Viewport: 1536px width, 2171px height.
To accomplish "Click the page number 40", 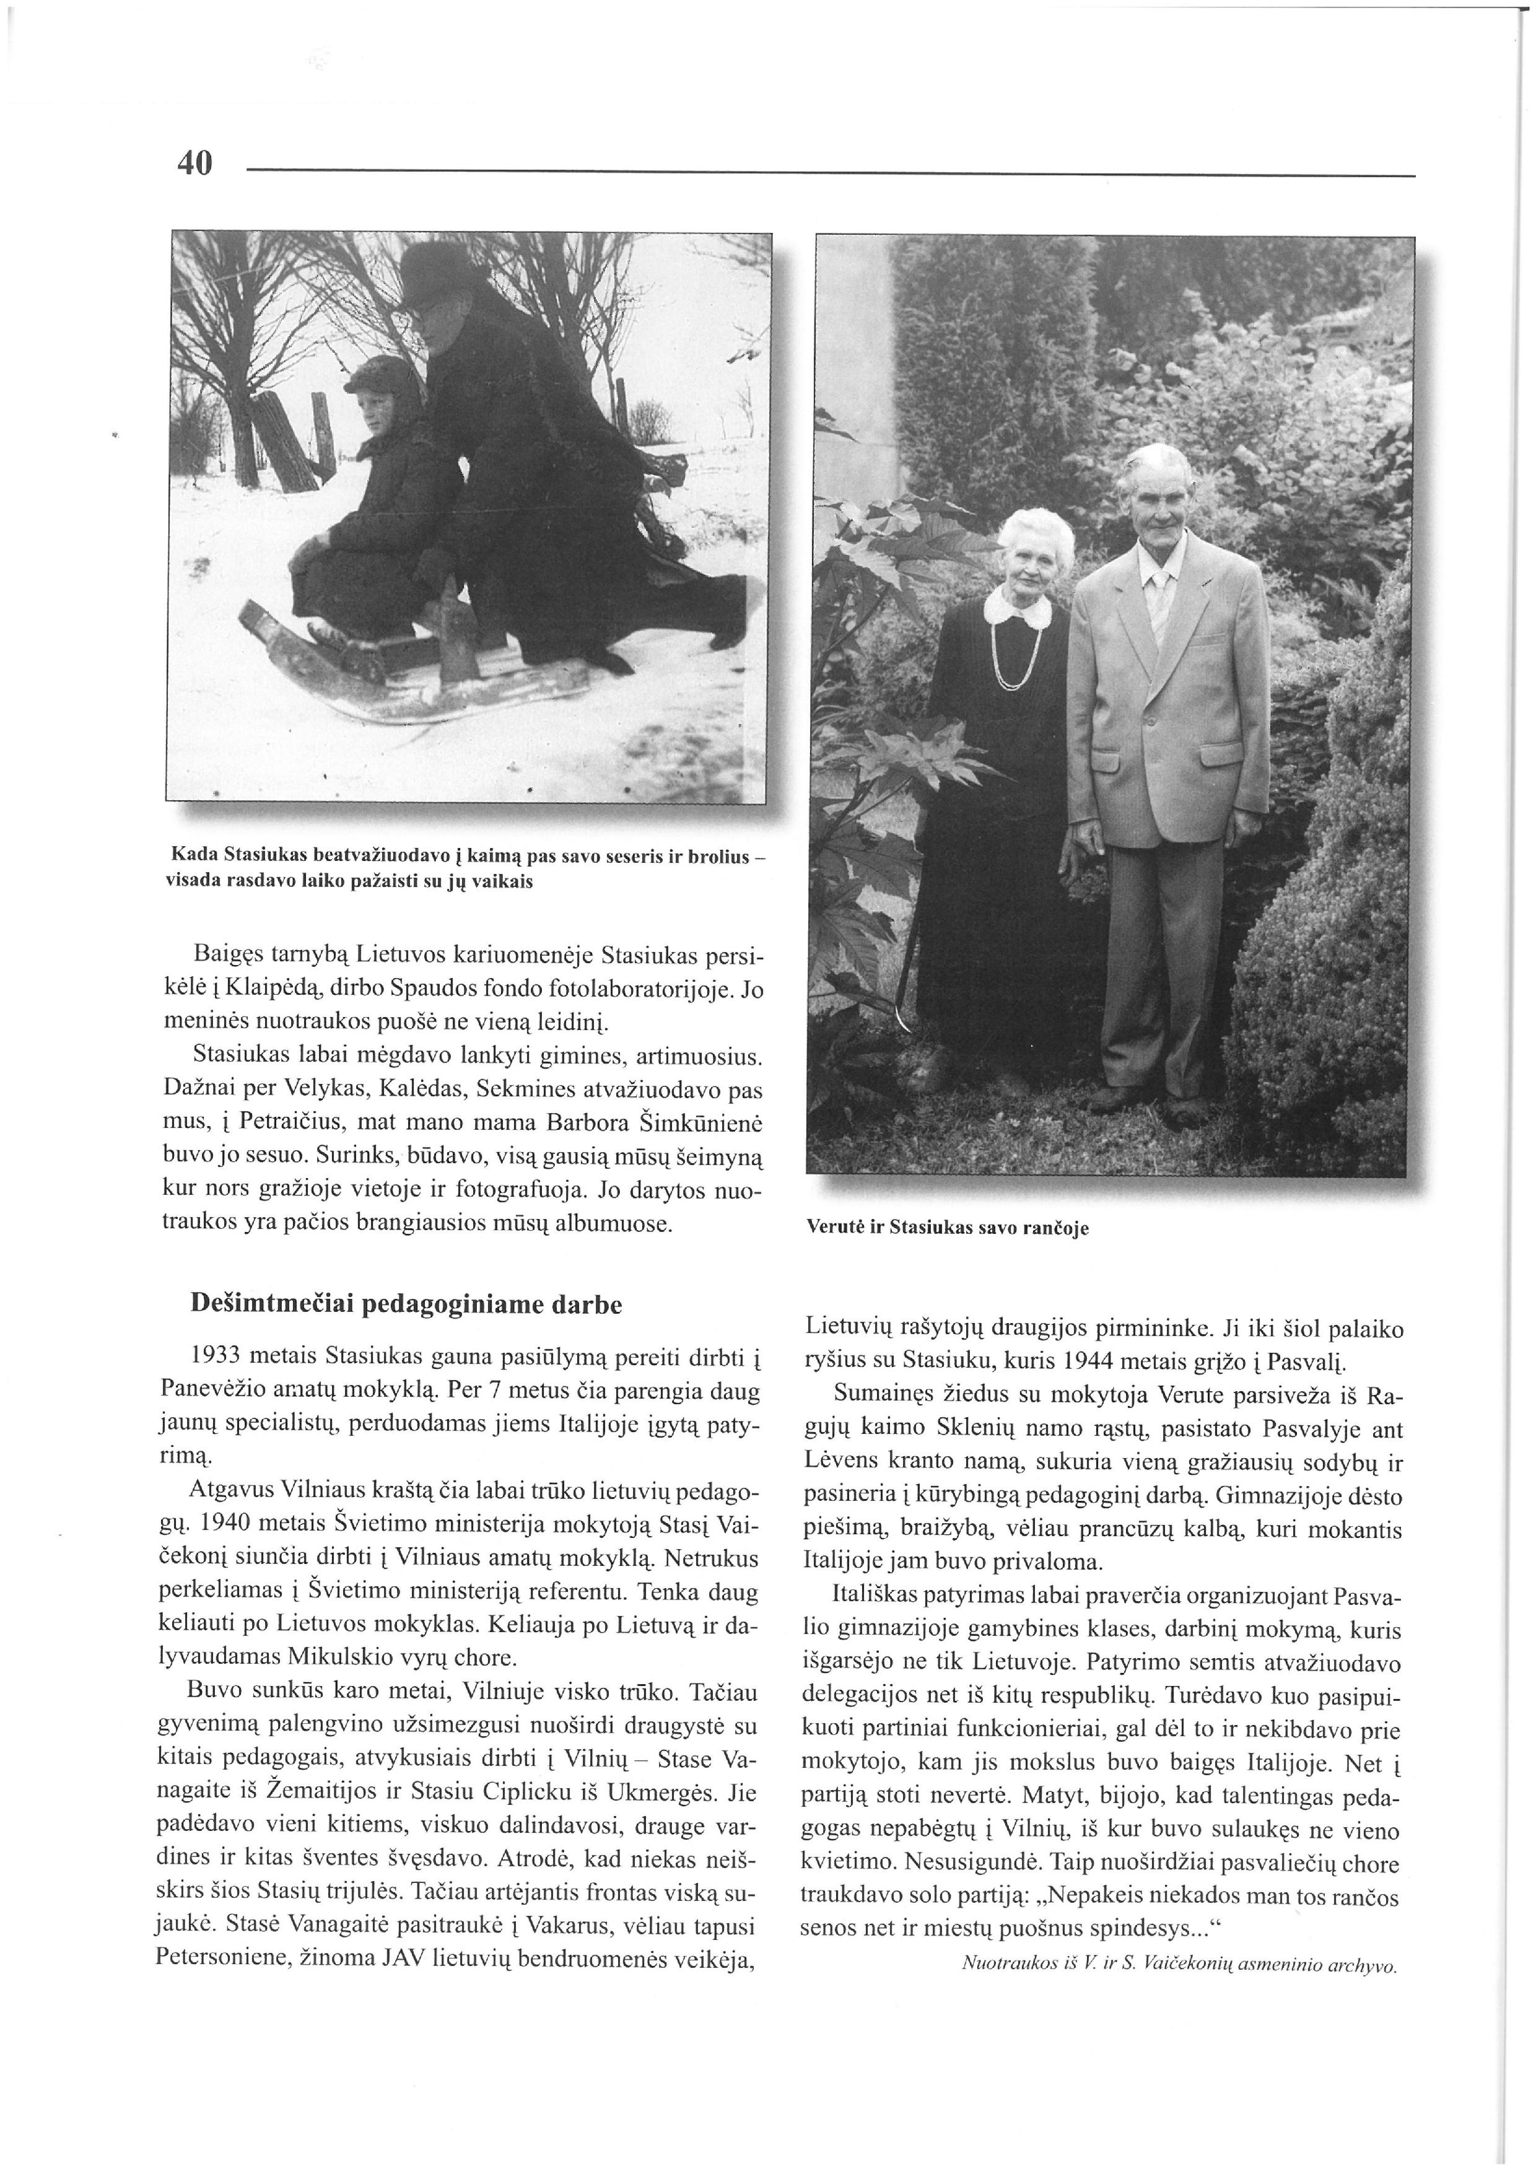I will (195, 164).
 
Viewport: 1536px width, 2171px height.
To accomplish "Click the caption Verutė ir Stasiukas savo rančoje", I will (947, 1228).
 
